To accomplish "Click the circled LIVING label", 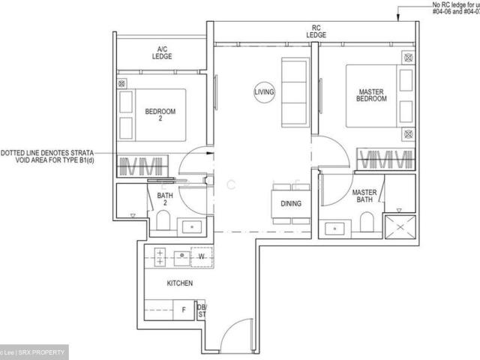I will (263, 91).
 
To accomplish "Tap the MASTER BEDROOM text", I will (370, 95).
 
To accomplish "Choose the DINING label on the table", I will (291, 203).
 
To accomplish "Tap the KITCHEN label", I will (180, 283).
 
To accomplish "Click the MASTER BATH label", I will (364, 196).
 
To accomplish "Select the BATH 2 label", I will (166, 200).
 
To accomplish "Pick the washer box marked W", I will (201, 256).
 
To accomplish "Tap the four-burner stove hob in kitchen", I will (160, 257).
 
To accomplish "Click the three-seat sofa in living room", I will (293, 91).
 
